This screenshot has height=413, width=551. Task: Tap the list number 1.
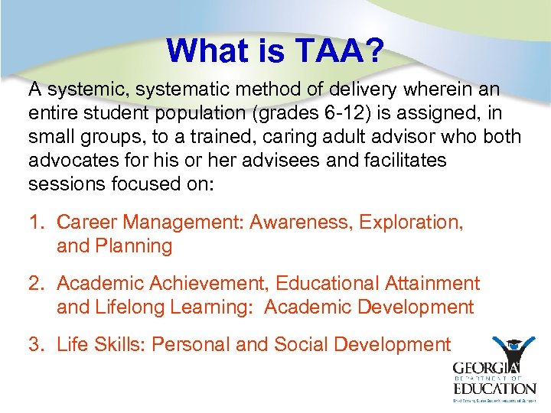point(35,223)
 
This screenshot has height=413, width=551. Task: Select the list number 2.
point(35,284)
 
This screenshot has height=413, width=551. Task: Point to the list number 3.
point(35,345)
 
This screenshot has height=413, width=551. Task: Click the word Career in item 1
point(87,223)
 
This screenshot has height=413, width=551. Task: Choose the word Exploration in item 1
point(411,223)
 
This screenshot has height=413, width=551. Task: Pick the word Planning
point(134,246)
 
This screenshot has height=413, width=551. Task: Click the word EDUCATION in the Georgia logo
point(494,388)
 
